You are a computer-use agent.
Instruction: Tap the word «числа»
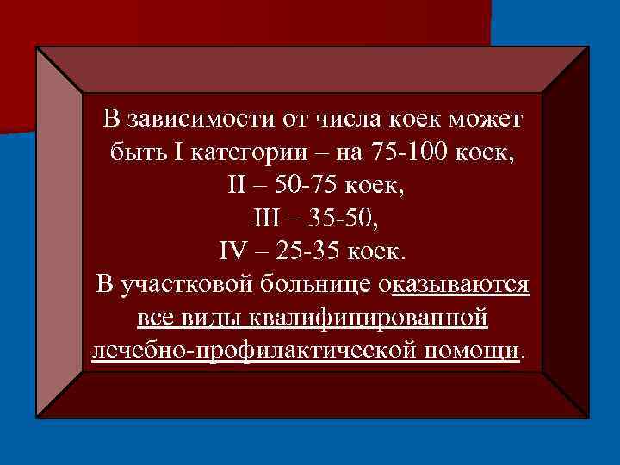(347, 118)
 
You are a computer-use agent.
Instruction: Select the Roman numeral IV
(234, 251)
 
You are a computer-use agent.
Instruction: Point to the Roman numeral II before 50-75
(237, 185)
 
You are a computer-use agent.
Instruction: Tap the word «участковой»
(183, 285)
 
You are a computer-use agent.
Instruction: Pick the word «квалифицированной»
(369, 319)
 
